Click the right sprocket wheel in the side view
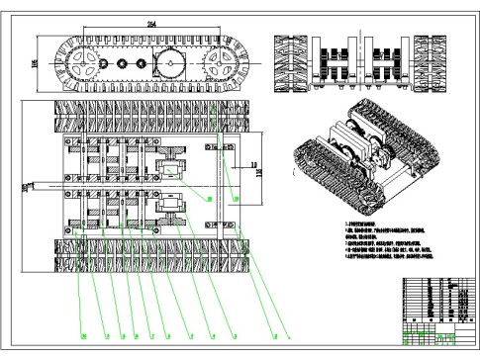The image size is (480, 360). point(221,67)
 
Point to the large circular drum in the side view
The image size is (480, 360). point(173,66)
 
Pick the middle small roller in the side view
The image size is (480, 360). point(125,66)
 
